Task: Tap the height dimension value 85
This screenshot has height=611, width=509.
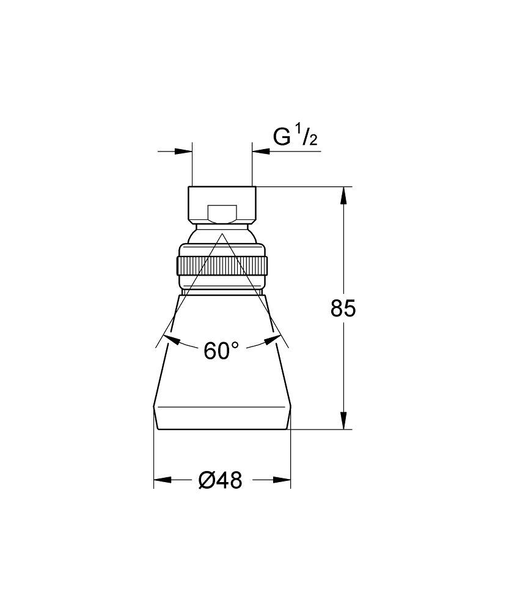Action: pos(343,309)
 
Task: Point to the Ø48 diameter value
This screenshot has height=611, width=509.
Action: pos(221,481)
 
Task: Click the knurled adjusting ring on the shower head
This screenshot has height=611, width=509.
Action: pos(221,266)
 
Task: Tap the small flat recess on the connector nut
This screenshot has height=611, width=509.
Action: pos(221,214)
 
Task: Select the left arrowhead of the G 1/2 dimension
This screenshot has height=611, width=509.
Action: pos(184,152)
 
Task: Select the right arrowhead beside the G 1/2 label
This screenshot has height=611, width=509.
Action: pos(261,152)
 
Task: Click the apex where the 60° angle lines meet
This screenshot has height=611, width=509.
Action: pos(221,232)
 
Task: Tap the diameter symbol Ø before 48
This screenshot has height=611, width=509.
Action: pos(207,481)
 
